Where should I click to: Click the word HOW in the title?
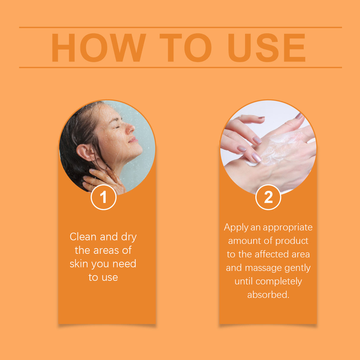tap(98, 48)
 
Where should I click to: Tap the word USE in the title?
tap(267, 48)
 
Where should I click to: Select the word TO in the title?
tap(186, 48)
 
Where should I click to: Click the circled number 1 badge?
tap(103, 197)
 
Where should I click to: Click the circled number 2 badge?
tap(268, 197)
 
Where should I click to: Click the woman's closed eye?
tap(118, 127)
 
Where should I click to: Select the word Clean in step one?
tap(83, 237)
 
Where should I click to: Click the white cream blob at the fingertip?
tap(251, 163)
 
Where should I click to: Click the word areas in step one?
tap(106, 250)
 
